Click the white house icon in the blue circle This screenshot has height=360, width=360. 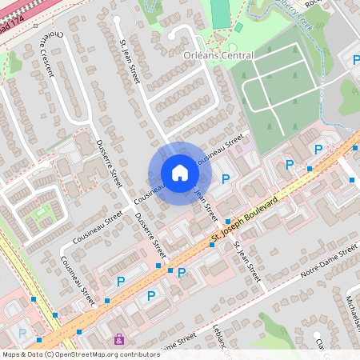(179, 172)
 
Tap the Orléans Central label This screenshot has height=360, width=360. (218, 56)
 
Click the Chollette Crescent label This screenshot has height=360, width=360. (45, 55)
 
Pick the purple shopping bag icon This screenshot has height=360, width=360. (119, 339)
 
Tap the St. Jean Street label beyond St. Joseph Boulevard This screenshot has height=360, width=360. (248, 262)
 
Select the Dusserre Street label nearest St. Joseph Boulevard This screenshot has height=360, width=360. (150, 233)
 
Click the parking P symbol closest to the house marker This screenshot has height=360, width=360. (226, 179)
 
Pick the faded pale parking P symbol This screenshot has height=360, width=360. (22, 333)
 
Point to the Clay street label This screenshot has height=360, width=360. (319, 344)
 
